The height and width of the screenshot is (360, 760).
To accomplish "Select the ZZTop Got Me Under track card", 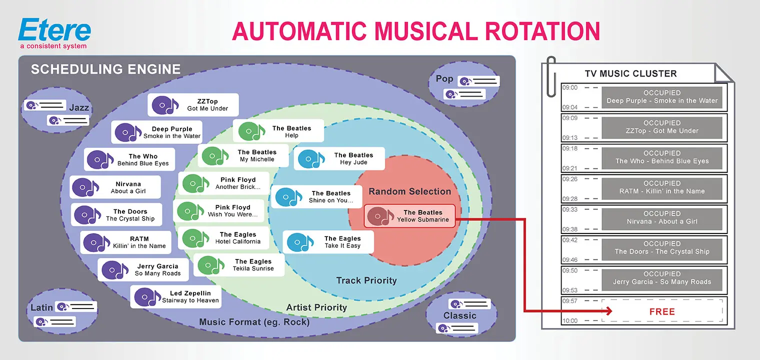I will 193,105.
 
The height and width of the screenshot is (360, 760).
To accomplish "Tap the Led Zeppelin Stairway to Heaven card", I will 175,297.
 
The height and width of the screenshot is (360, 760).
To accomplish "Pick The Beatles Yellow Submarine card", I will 409,216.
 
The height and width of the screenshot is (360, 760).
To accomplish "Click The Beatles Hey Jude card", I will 339,159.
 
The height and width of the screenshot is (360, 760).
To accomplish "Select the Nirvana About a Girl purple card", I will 115,187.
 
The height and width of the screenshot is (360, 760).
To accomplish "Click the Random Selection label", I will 409,191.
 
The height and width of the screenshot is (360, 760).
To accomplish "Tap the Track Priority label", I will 366,280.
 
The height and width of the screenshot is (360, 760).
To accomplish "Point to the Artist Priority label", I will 316,307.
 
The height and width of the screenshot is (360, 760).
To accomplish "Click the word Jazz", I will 79,107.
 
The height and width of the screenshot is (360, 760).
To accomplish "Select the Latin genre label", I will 41,307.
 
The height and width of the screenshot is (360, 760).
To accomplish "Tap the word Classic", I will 459,315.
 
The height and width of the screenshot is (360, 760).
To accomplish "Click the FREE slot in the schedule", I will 662,311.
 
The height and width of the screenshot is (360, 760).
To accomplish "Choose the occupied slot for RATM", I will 662,187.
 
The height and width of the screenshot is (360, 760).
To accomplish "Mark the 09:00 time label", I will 569,87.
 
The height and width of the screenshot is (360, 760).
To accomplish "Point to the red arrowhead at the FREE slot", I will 608,311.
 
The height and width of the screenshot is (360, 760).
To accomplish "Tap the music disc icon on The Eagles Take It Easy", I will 301,242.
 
